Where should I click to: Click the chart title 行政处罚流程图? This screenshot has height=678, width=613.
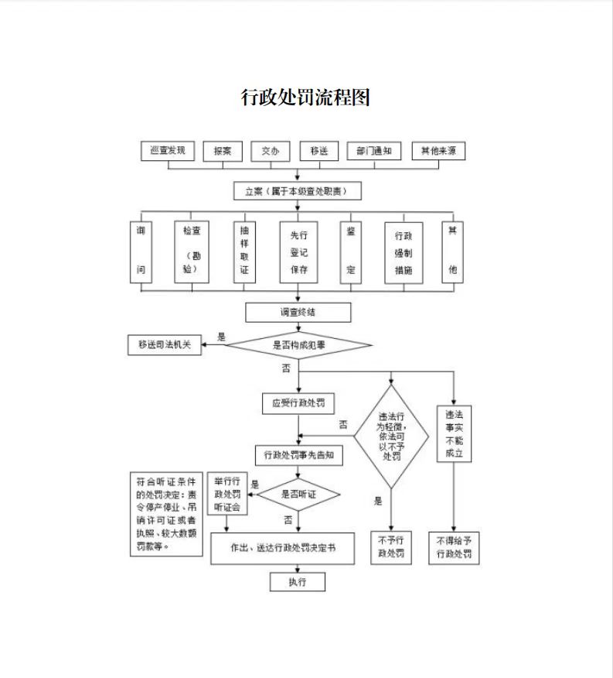pyautogui.click(x=306, y=98)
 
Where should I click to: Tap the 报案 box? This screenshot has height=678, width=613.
pyautogui.click(x=223, y=152)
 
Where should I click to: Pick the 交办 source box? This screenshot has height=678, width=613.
pyautogui.click(x=270, y=152)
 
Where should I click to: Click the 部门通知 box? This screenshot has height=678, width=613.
pyautogui.click(x=373, y=152)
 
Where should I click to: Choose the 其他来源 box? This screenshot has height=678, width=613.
pyautogui.click(x=438, y=152)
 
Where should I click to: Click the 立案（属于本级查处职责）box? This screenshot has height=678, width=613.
pyautogui.click(x=298, y=190)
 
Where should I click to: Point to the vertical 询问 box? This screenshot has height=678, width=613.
pyautogui.click(x=141, y=252)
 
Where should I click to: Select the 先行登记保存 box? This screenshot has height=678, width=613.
pyautogui.click(x=298, y=252)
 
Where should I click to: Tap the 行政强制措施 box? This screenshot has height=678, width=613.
pyautogui.click(x=404, y=252)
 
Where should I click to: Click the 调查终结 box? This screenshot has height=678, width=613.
pyautogui.click(x=298, y=312)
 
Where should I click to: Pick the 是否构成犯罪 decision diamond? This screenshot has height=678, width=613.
pyautogui.click(x=298, y=345)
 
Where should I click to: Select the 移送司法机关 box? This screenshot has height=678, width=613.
pyautogui.click(x=164, y=345)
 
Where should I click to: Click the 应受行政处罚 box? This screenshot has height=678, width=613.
pyautogui.click(x=298, y=403)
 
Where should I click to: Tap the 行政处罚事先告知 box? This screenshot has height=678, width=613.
pyautogui.click(x=298, y=455)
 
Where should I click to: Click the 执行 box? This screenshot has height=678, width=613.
pyautogui.click(x=298, y=582)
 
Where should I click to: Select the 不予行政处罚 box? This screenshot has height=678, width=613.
pyautogui.click(x=391, y=547)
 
